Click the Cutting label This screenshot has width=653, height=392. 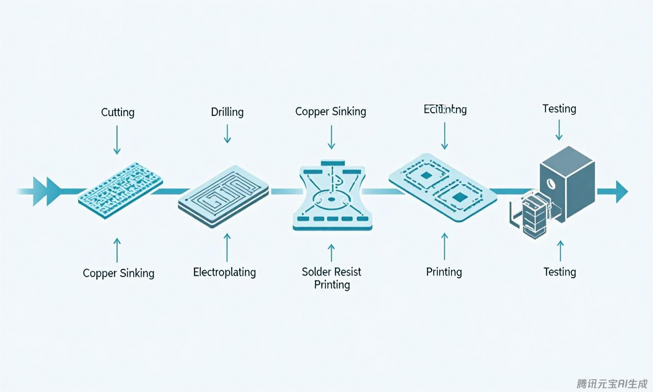pos(118,112)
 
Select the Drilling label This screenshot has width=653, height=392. pos(227,112)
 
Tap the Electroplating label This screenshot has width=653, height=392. pos(224,272)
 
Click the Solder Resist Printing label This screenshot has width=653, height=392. pos(332,278)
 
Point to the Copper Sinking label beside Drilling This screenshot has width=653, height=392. pos(331,111)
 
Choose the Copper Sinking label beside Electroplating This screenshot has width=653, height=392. pos(118,273)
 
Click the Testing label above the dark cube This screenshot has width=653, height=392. pos(559,109)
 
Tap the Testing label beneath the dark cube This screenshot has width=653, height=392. pos(560,272)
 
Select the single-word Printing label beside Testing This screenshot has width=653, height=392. pos(444,272)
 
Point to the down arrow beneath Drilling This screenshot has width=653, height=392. pos(227,134)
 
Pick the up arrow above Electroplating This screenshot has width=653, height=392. pos(227,247)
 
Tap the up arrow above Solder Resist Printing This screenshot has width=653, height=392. pos(332,253)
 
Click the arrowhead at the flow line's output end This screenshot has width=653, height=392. pos(621,191)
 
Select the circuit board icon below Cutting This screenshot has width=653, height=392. pos(120,190)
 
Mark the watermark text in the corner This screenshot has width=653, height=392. pos(612,383)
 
